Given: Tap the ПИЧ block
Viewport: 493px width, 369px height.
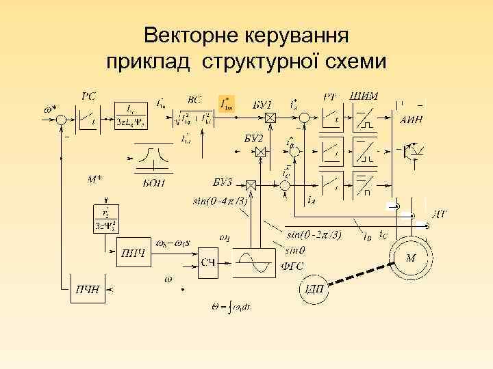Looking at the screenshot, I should [134, 255].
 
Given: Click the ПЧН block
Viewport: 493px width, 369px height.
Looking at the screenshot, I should [87, 289].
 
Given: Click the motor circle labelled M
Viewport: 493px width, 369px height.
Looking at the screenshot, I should [411, 258].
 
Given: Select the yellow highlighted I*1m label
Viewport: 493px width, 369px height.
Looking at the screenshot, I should [226, 103].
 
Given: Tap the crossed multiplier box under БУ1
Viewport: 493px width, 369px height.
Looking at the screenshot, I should [270, 119].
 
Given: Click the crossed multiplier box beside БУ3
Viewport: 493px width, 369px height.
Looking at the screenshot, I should [250, 184].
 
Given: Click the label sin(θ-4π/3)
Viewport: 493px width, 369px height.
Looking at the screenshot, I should [220, 201].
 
